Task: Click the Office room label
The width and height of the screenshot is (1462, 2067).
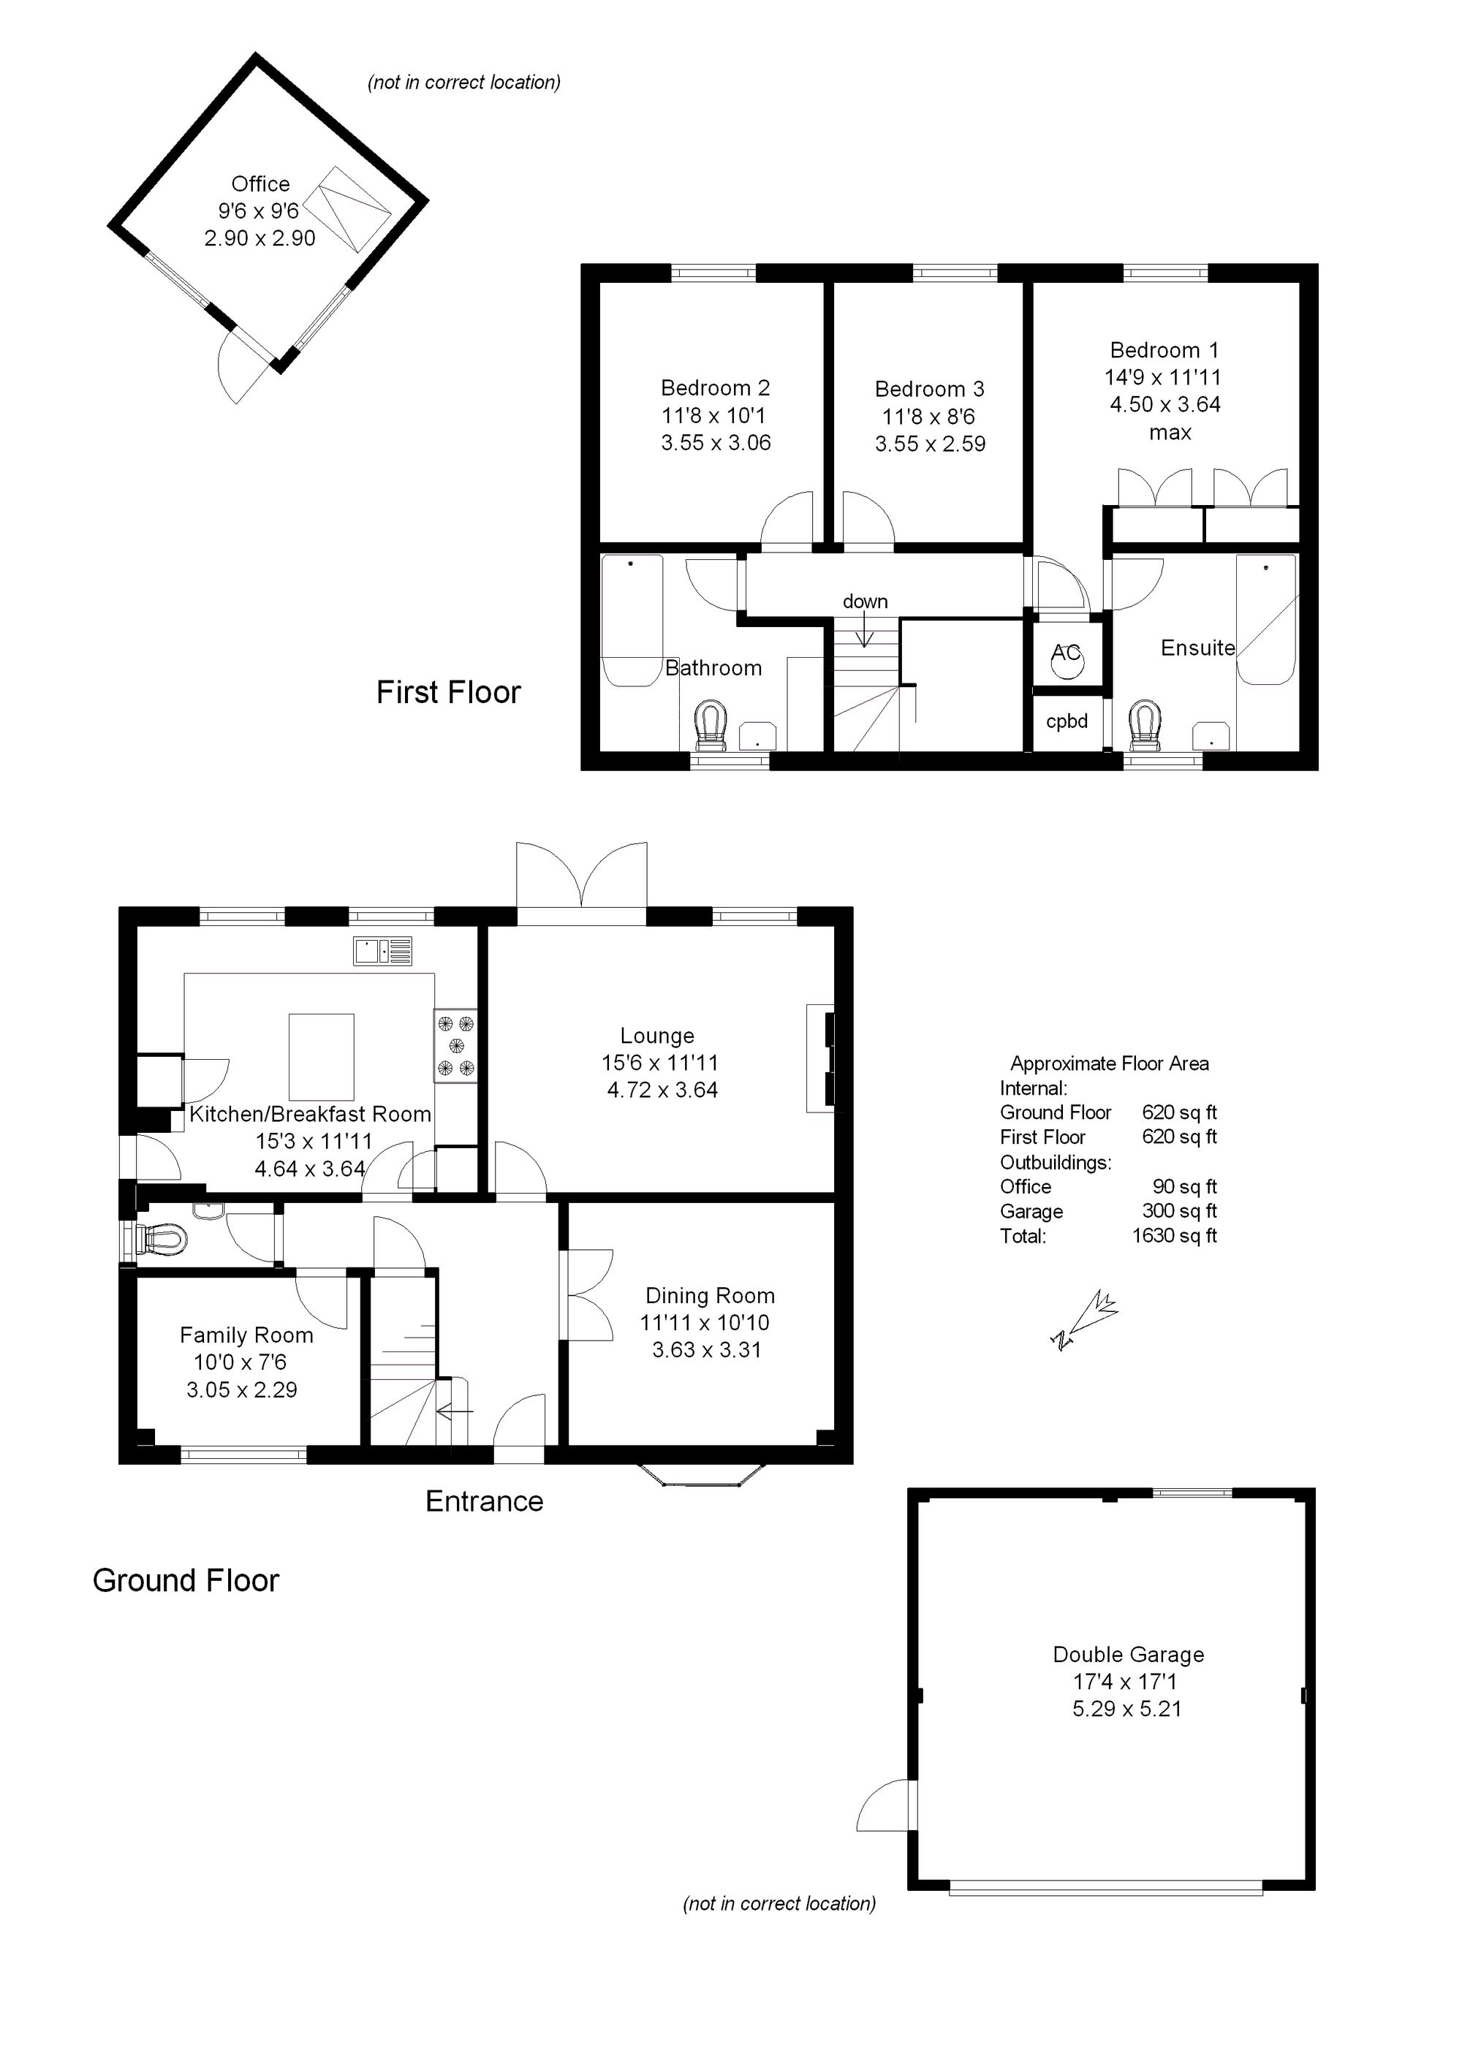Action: (260, 184)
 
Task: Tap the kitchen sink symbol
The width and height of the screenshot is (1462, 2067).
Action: (382, 951)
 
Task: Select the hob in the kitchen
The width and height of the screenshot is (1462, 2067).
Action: (455, 1045)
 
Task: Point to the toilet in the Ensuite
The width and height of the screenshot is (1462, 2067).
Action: (1145, 726)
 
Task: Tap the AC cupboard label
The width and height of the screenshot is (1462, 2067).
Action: (1066, 653)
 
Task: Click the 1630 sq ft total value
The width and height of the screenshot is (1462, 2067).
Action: (1174, 1236)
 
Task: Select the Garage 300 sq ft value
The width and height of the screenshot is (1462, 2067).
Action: (1179, 1211)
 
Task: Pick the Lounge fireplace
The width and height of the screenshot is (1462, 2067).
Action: (821, 1058)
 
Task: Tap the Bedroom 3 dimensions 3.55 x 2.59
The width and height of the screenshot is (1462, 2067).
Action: (930, 444)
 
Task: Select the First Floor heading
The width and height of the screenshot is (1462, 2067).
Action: (448, 692)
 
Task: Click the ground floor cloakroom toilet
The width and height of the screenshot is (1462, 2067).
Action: (162, 1240)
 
